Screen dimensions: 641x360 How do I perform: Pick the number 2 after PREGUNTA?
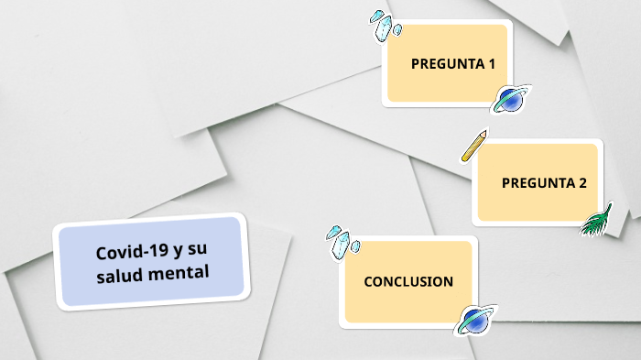582,183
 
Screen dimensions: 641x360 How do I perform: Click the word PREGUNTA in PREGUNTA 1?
447,64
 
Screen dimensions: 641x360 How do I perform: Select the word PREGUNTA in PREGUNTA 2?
538,183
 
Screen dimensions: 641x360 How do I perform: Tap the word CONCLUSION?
408,281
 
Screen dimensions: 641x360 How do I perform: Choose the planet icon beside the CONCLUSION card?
474,320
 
